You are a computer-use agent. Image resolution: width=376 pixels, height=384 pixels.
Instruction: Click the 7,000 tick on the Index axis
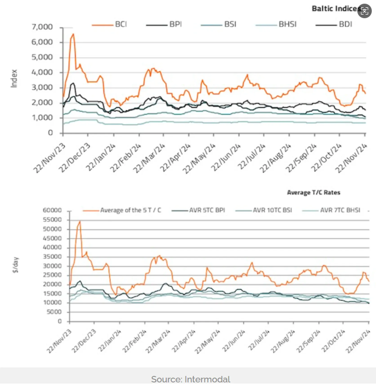point(43,27)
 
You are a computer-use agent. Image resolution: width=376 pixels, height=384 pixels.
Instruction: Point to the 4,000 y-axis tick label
point(43,72)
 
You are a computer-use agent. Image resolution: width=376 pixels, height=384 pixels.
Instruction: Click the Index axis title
point(14,78)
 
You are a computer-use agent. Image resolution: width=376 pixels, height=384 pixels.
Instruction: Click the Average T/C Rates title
point(313,193)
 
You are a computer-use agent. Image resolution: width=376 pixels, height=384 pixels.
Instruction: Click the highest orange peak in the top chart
point(73,34)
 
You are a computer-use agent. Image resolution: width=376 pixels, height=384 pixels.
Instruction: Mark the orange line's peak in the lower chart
point(80,221)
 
